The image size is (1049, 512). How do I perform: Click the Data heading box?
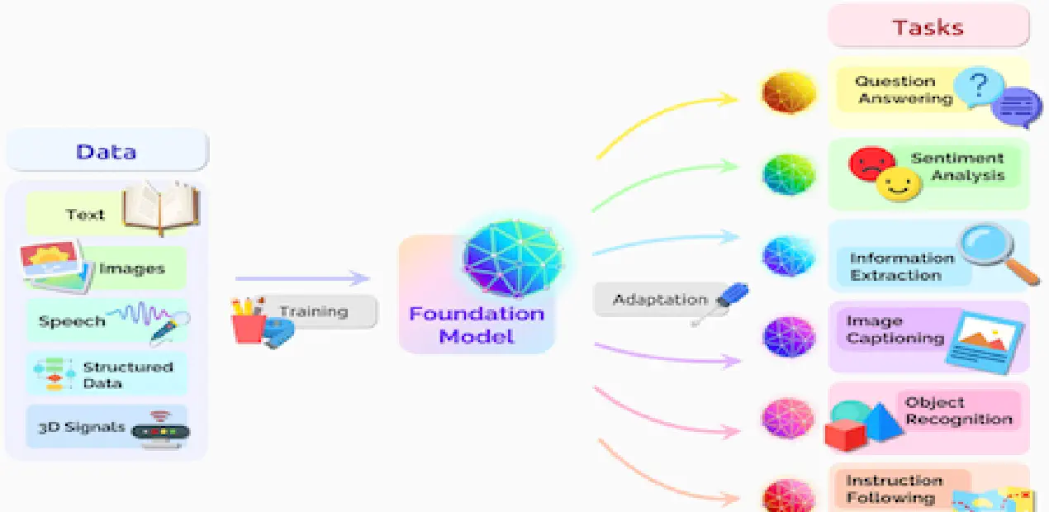107,152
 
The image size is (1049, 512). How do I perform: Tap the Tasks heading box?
928,27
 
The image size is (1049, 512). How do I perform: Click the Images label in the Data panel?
132,268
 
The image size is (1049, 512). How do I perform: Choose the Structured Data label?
128,375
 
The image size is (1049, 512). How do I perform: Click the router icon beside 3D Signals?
162,429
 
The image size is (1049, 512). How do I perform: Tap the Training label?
313,311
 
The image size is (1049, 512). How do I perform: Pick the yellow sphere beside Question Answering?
789,92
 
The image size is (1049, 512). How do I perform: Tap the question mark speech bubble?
979,86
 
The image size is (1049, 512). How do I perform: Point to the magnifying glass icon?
995,252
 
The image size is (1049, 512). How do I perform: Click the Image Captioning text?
895,329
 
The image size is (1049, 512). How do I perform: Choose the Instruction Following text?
894,489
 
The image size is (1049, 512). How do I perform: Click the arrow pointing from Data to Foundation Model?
301,279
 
